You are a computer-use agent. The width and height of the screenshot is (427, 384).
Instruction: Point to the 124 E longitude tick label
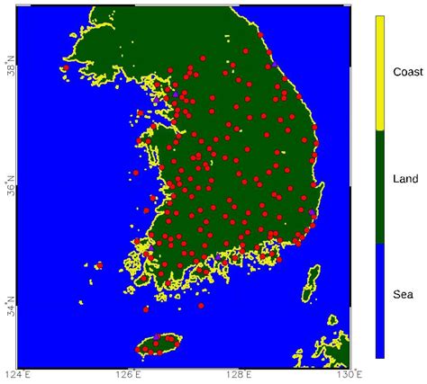point(16,374)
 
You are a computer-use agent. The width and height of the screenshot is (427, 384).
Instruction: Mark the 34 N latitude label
point(9,310)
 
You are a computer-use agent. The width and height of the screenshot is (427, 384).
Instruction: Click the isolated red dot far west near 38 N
point(66,67)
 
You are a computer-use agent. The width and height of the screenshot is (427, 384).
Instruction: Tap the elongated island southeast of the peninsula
point(312,281)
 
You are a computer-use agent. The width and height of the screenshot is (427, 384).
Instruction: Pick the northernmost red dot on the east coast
point(259,35)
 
